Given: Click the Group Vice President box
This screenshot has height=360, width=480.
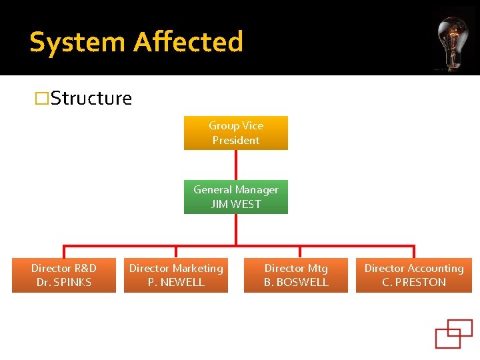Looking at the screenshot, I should click(x=236, y=133).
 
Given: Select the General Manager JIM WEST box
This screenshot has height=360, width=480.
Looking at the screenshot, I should click(x=236, y=197).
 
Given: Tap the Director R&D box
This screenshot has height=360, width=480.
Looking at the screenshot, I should click(x=64, y=275).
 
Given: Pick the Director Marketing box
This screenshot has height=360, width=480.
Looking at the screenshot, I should click(x=176, y=275).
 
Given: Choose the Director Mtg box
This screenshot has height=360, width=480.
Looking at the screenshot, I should click(x=296, y=275).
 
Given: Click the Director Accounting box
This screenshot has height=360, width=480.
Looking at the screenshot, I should click(x=413, y=275).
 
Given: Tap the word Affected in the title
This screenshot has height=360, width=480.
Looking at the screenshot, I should click(x=188, y=42).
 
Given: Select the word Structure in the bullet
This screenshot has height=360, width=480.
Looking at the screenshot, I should click(x=91, y=99).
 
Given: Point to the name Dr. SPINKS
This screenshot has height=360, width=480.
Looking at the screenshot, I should click(x=64, y=283).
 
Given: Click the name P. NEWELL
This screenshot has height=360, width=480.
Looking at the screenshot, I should click(x=176, y=283).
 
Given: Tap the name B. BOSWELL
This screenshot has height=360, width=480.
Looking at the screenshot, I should click(x=296, y=283).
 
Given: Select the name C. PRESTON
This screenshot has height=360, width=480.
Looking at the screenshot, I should click(x=413, y=283).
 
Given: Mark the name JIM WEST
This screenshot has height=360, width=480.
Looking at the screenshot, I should click(x=236, y=204).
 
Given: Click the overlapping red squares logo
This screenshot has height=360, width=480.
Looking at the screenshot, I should click(x=453, y=333).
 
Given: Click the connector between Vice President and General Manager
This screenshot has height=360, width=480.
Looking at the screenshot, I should click(x=236, y=165).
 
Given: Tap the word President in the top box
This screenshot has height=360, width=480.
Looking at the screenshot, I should click(x=236, y=140).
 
